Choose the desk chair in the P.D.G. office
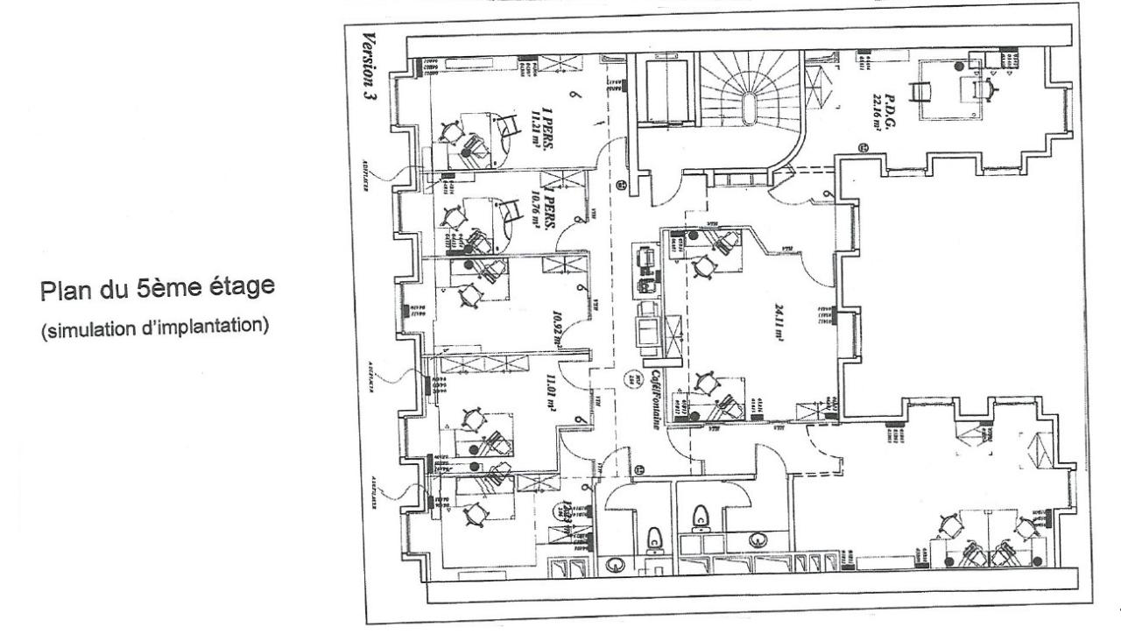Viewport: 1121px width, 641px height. coord(988,87)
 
